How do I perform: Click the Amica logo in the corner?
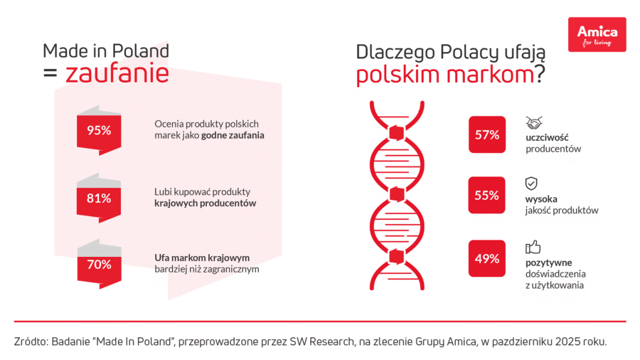click(597, 34)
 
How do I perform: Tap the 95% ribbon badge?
click(99, 130)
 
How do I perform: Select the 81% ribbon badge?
click(99, 198)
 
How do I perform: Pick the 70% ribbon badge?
click(99, 265)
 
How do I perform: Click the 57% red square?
click(487, 134)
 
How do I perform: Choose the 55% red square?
click(487, 196)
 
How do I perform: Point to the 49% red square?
click(487, 258)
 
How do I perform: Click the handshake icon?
click(534, 122)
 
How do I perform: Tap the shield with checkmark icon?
click(532, 184)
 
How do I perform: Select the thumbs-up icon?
click(533, 247)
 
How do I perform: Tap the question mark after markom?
click(540, 74)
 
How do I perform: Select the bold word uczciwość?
click(548, 137)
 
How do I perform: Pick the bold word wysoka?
click(542, 198)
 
